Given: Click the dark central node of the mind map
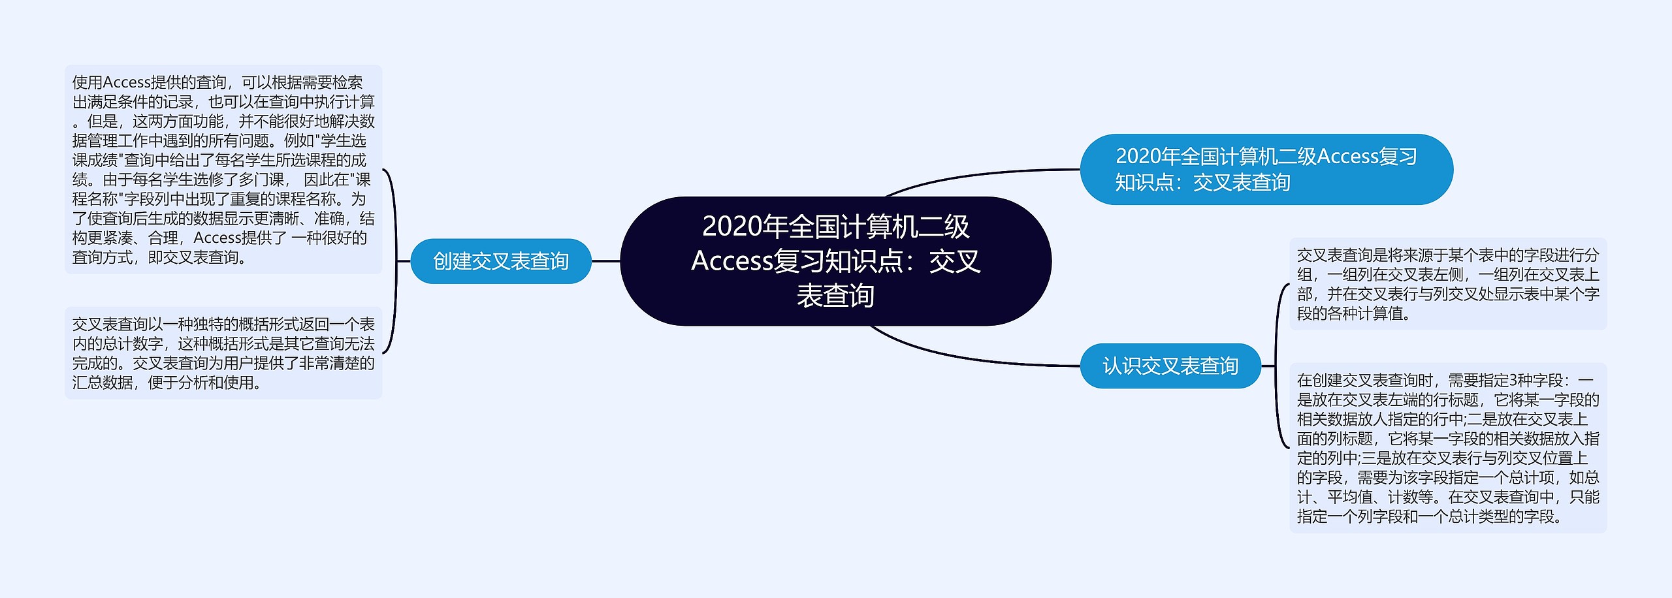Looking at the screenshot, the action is pos(835,260).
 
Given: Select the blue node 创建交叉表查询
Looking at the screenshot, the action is pos(501,261).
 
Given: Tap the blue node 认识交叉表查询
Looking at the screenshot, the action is pos(1170,366).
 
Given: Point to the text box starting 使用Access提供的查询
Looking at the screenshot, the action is pos(223,169).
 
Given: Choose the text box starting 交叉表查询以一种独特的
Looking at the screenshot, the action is pos(223,353).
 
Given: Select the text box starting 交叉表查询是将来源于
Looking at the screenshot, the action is pos(1447,284).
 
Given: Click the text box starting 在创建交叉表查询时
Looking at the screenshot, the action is pos(1447,448).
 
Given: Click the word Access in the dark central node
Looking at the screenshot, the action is pos(731,261).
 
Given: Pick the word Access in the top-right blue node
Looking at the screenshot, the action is pos(1348,157).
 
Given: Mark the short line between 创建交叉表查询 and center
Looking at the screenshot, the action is pos(605,261).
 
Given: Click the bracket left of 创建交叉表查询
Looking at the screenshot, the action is pos(394,261).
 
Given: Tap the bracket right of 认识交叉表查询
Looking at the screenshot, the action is pos(1277,366).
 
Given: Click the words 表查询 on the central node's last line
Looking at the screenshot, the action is pos(835,296).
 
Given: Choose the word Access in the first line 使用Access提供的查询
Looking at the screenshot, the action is pos(127,82).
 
